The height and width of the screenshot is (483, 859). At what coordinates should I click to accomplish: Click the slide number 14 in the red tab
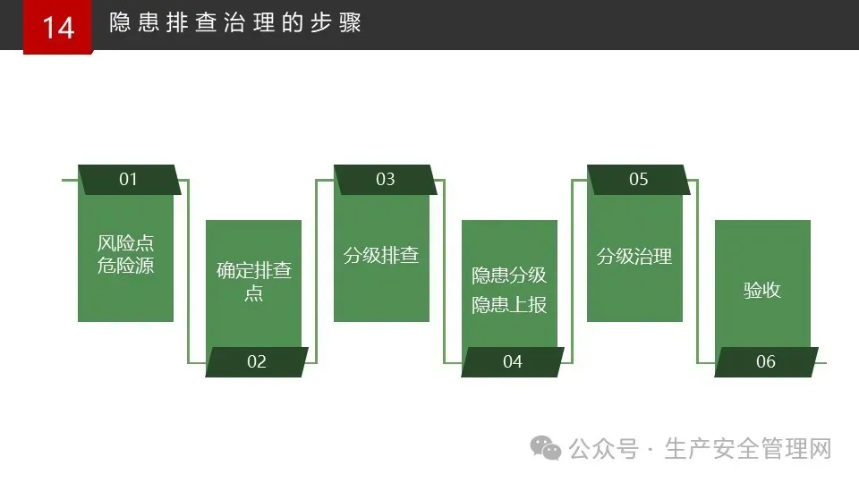coord(58,27)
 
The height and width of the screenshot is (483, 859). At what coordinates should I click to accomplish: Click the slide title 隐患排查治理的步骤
coord(235,23)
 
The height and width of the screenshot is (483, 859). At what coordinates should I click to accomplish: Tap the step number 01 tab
coord(129,179)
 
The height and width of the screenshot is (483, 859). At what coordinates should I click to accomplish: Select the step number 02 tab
coord(257,361)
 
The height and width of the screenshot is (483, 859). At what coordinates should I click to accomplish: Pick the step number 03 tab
coord(385,179)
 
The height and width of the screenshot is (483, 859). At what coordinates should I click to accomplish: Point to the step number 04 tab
coord(512,361)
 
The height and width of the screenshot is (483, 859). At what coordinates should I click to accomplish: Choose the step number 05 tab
coord(638,179)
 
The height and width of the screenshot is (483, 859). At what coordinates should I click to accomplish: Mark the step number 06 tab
coord(765,361)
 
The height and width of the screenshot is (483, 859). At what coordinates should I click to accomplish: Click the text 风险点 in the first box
coord(125,243)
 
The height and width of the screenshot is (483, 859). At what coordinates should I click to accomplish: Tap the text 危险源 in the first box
coord(125,266)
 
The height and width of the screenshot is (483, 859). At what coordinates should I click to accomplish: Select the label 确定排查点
coord(254,281)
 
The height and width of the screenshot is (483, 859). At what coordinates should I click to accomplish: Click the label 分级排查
coord(381,255)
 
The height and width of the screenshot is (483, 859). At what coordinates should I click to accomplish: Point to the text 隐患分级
coord(509,275)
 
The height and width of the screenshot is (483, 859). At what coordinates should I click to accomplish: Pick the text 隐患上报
coord(509,304)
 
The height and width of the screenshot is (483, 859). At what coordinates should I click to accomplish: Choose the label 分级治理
coord(634,257)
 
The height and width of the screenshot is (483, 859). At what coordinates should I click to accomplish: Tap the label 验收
coord(762,290)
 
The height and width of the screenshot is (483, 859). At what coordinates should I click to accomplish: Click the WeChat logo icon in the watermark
coord(546,447)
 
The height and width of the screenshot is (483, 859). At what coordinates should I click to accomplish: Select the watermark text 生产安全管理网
coord(748,448)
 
